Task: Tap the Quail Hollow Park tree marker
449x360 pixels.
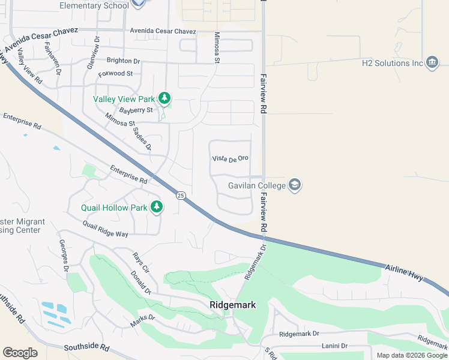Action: (157, 208)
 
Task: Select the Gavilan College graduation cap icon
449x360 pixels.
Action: (295, 185)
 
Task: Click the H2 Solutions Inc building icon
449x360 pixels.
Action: (432, 63)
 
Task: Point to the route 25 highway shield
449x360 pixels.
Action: (180, 196)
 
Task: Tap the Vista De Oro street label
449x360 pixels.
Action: (231, 158)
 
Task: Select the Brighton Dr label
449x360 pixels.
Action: (123, 61)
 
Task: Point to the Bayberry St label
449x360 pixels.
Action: (136, 110)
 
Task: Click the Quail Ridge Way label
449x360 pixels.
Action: (106, 229)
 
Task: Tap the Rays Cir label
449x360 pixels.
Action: (141, 262)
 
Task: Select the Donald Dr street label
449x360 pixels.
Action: (140, 283)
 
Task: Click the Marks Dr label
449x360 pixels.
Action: (143, 321)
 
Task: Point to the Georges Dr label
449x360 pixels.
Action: (64, 255)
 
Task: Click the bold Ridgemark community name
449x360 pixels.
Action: (233, 305)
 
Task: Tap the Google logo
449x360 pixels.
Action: (20, 353)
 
